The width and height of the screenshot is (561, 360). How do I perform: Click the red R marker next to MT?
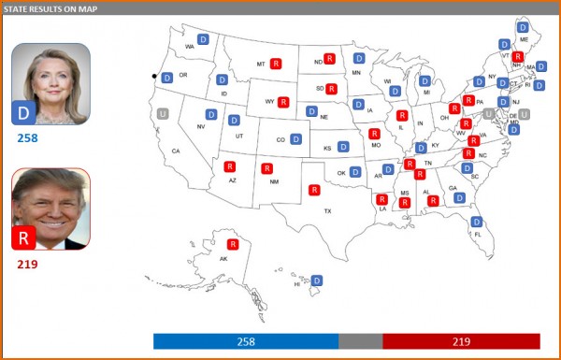276,65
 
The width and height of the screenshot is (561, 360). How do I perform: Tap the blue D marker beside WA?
203,39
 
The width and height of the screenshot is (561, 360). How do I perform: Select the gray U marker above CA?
164,113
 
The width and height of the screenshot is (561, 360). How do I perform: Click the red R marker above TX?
314,190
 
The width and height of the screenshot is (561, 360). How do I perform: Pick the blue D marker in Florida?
476,222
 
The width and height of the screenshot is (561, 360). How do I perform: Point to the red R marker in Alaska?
233,244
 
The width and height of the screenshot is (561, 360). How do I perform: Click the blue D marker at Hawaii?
317,280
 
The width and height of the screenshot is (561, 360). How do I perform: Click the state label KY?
435,146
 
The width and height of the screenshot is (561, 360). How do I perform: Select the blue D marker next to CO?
295,139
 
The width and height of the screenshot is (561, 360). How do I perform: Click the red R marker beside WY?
283,102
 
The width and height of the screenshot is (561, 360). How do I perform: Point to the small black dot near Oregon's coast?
155,75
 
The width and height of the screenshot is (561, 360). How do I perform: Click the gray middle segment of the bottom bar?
361,341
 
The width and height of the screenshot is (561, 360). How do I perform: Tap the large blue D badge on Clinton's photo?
22,114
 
